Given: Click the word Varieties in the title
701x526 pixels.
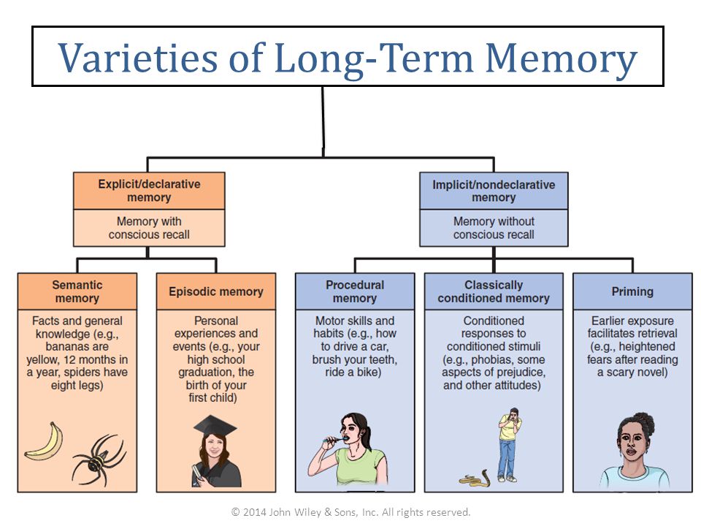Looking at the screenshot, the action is (138, 58).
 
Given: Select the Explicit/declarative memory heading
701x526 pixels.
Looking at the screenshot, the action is (149, 191).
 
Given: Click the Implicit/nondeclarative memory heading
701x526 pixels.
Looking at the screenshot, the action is (494, 191).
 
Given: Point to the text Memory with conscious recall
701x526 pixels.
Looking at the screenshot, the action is (149, 228).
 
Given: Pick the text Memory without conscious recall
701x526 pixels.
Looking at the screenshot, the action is (494, 228).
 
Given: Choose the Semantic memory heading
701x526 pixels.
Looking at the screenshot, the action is (77, 291).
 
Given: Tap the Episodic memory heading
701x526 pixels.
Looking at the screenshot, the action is (216, 291).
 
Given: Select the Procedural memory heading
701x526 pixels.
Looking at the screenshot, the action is (355, 291).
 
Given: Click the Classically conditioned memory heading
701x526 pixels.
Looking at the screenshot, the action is (494, 291).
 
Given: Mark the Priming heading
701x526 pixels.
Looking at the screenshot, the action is (632, 291).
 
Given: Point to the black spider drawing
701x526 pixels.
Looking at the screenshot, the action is (99, 460).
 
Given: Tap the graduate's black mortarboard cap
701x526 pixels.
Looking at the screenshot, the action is (215, 427).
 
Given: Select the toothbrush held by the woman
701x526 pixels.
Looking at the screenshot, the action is (334, 440).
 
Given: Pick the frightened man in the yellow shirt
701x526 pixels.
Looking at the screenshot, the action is (510, 445).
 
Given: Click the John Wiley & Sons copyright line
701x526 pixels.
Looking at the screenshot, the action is (350, 512).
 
